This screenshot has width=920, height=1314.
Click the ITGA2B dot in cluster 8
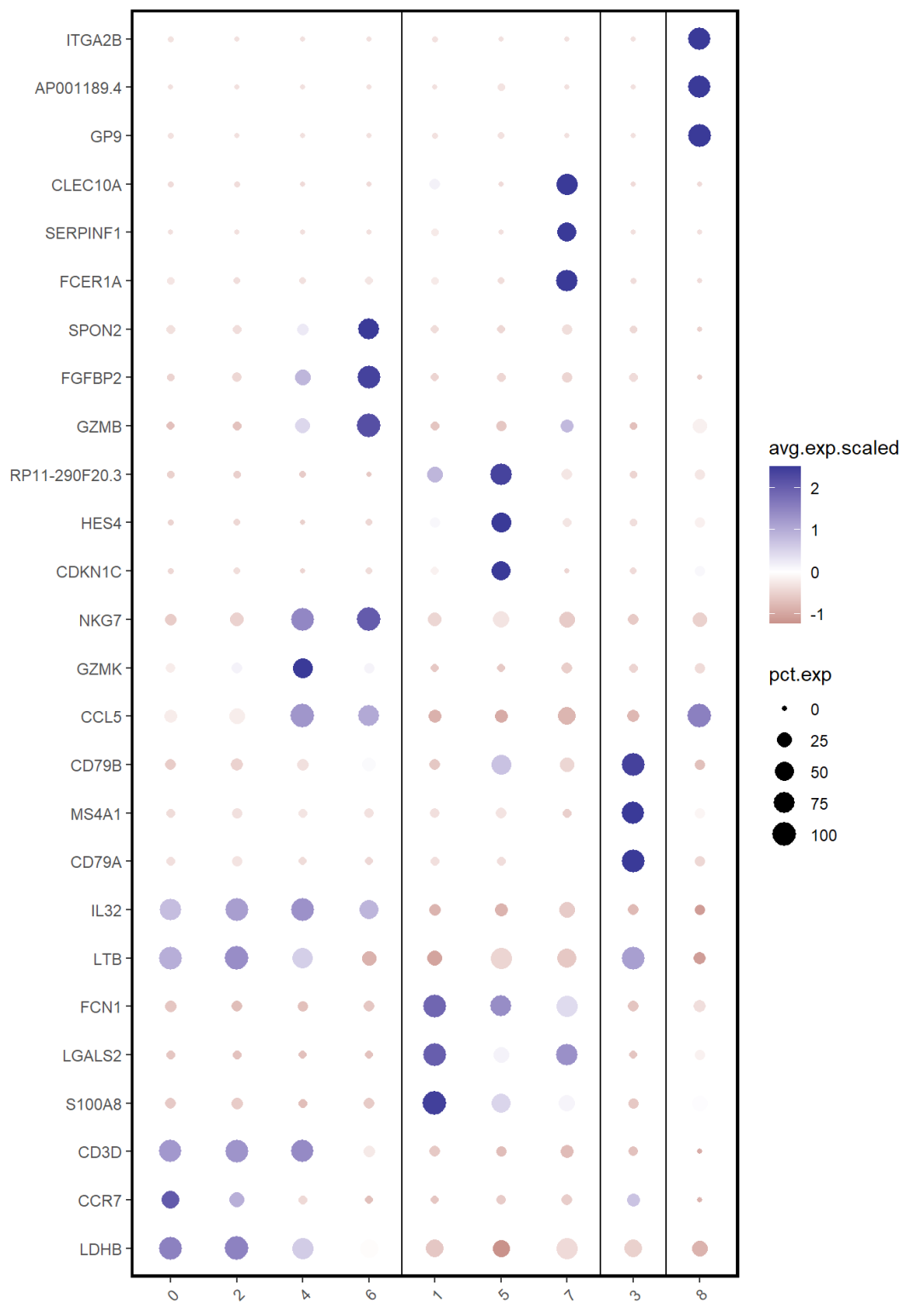pyautogui.click(x=699, y=39)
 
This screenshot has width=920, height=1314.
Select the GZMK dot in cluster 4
pyautogui.click(x=302, y=668)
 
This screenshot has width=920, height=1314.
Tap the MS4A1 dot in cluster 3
pyautogui.click(x=633, y=813)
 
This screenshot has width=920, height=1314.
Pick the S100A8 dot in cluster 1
pyautogui.click(x=434, y=1103)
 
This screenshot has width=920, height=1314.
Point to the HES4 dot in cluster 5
pyautogui.click(x=501, y=522)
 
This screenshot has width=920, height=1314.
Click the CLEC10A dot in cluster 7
pyautogui.click(x=566, y=184)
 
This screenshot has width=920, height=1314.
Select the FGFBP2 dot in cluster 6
pyautogui.click(x=369, y=377)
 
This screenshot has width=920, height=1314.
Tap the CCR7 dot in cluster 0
pyautogui.click(x=170, y=1200)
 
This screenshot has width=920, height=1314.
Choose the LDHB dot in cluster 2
pyautogui.click(x=237, y=1248)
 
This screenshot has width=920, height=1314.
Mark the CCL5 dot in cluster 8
pyautogui.click(x=699, y=716)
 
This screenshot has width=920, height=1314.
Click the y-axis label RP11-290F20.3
pyautogui.click(x=66, y=475)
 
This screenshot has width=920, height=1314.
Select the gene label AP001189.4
pyautogui.click(x=78, y=89)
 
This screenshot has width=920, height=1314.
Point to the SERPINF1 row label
pyautogui.click(x=83, y=233)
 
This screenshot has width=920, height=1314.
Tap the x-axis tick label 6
pyautogui.click(x=371, y=1295)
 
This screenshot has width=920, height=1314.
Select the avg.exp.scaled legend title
pyautogui.click(x=833, y=449)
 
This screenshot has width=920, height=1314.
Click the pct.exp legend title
pyautogui.click(x=800, y=675)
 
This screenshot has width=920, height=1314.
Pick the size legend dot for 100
pyautogui.click(x=784, y=835)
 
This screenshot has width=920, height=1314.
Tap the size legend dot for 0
pyautogui.click(x=784, y=709)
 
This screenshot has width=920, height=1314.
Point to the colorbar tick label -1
pyautogui.click(x=817, y=615)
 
